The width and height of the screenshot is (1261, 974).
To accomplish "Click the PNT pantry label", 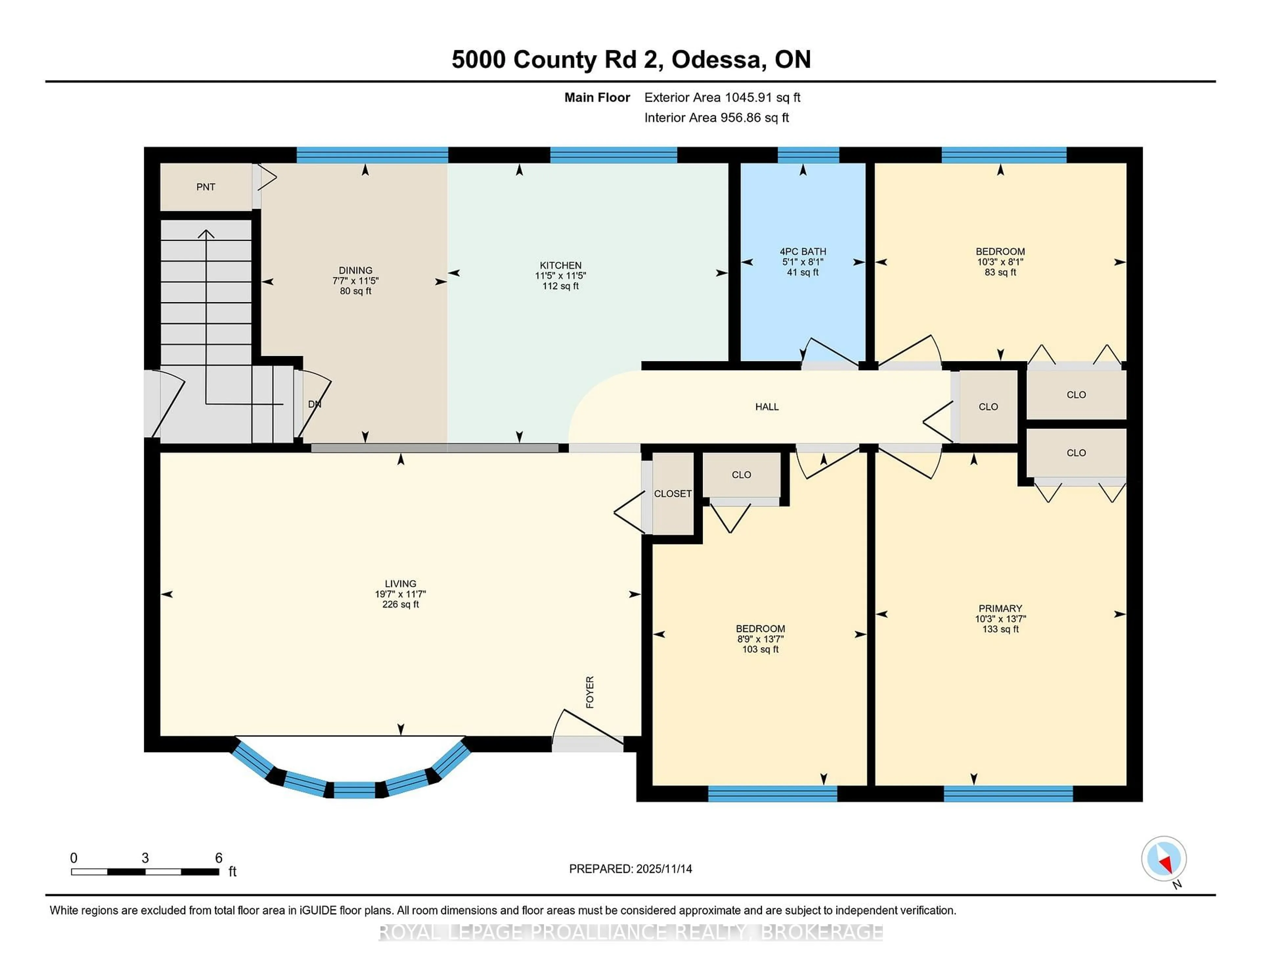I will (x=206, y=187).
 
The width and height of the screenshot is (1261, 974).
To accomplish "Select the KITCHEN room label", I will (x=560, y=265).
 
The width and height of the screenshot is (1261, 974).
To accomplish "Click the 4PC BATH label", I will (x=803, y=252).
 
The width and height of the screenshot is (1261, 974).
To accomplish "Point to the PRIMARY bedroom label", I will (x=1000, y=608).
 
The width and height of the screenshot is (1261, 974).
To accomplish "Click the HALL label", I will (x=767, y=407).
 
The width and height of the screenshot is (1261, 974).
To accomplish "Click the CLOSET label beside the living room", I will (x=672, y=494).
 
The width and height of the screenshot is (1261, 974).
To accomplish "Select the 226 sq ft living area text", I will (x=400, y=604).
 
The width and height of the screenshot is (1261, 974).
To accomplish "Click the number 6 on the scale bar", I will (x=218, y=858).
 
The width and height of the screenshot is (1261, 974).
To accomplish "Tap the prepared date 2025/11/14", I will (x=663, y=869).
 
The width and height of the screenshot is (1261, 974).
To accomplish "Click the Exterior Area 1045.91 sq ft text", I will (x=722, y=97).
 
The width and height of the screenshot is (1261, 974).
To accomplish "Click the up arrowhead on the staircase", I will (x=206, y=233).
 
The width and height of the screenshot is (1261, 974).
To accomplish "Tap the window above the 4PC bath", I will (x=808, y=155).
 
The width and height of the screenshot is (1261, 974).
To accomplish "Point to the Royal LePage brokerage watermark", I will (x=630, y=932).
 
